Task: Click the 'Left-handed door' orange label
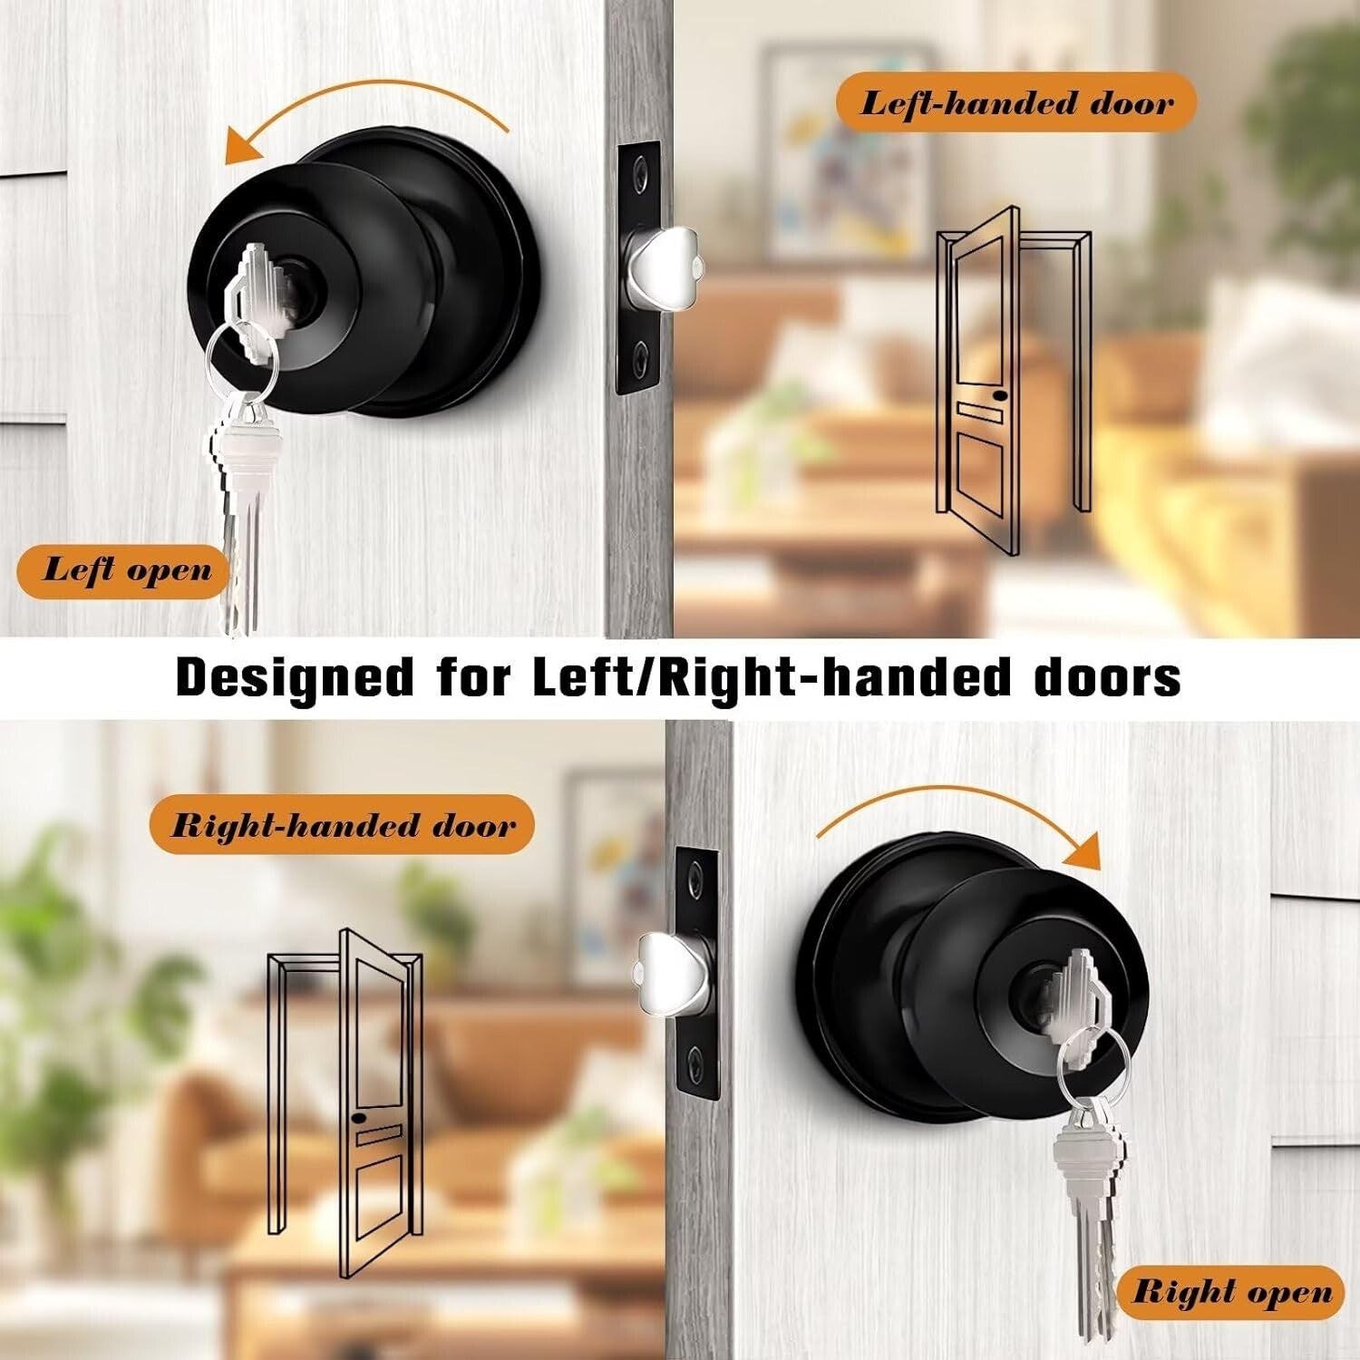1015,102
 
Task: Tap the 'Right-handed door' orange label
342,825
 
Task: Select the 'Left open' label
125,571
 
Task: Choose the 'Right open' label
1234,1292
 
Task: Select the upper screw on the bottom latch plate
695,875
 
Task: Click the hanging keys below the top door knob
243,508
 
